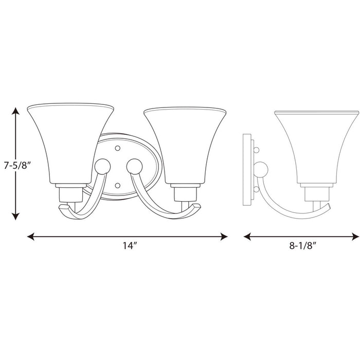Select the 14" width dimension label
tap(127, 245)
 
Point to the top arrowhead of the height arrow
tap(16, 110)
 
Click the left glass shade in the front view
tap(69, 144)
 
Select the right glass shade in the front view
tap(186, 144)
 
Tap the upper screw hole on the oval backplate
tap(118, 148)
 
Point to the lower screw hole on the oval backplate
tap(118, 184)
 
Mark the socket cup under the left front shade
tap(69, 192)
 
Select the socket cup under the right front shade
tap(186, 192)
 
